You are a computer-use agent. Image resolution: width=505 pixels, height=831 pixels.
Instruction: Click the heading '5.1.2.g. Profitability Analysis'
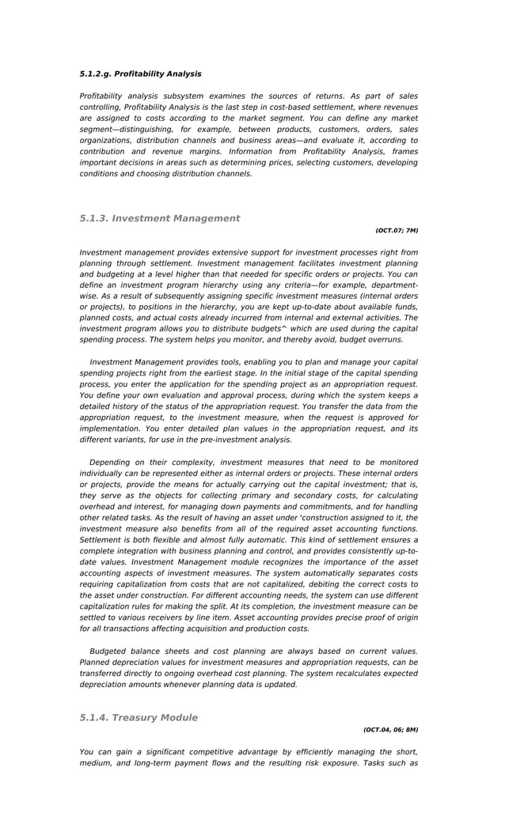140,74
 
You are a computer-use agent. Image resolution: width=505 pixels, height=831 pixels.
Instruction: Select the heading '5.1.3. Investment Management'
159,218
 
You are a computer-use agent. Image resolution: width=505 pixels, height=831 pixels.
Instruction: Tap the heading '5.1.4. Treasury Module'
139,718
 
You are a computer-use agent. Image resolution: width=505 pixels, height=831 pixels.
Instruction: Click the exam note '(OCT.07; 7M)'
397,231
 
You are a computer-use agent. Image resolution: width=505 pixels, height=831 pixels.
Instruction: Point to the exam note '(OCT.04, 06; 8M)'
390,731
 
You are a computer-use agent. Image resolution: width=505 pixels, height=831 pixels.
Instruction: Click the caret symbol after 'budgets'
284,327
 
